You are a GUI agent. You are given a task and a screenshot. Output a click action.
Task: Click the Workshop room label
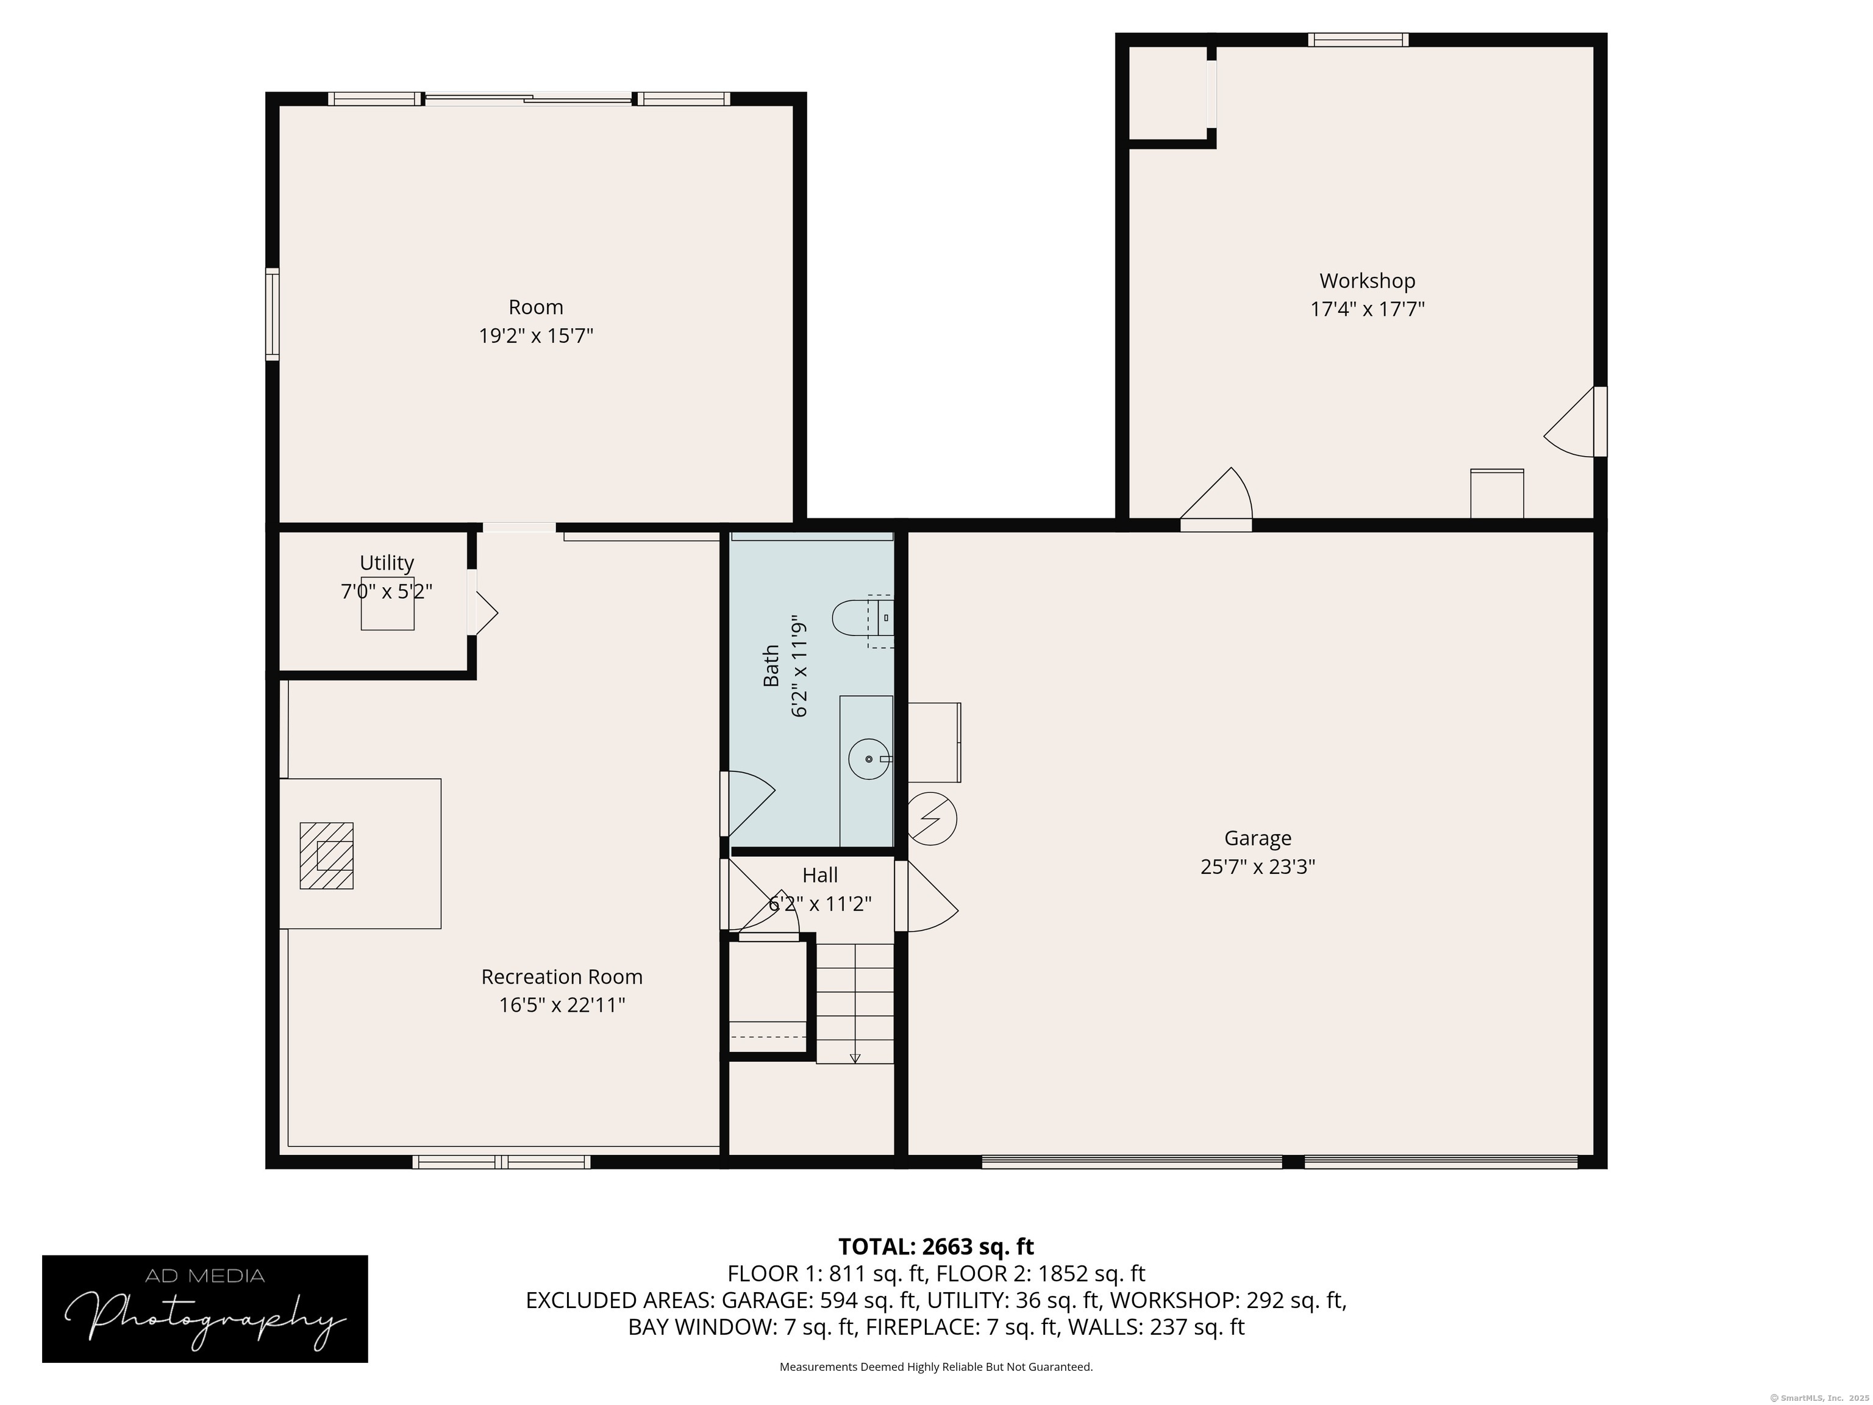(1367, 281)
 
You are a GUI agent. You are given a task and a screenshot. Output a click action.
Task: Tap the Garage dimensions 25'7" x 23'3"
(1257, 867)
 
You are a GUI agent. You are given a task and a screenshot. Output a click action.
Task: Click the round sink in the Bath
(869, 759)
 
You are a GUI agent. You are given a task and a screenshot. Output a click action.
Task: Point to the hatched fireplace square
(326, 856)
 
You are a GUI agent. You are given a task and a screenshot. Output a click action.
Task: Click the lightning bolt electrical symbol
(932, 819)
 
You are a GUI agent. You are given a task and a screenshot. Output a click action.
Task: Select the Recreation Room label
(562, 976)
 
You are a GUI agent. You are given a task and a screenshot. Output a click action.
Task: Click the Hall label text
(819, 875)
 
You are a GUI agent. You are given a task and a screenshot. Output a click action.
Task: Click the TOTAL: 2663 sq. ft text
(936, 1246)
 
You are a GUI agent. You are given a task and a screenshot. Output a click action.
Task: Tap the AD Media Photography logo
(205, 1309)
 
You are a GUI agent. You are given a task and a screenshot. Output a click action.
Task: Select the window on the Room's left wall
(272, 314)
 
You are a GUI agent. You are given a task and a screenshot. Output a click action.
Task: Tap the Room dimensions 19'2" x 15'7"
(536, 336)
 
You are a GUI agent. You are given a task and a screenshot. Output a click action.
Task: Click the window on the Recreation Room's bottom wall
(501, 1162)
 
